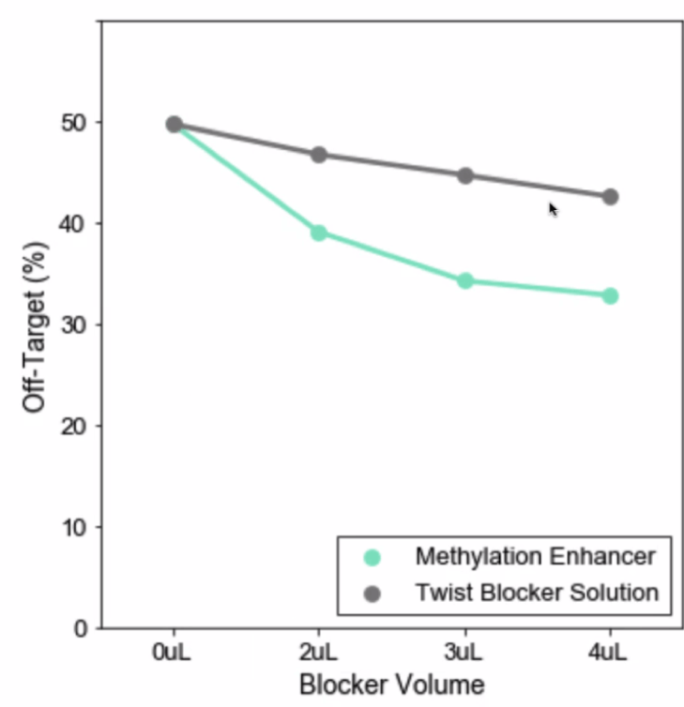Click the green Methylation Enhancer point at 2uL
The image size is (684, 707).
point(318,233)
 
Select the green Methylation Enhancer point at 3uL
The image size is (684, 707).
point(464,280)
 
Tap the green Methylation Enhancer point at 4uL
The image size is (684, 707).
point(610,295)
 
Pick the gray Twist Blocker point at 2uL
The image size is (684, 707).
point(318,155)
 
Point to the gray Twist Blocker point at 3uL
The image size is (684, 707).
point(464,175)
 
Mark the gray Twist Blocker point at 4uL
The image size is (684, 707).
point(610,197)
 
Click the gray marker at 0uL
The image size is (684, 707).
point(174,124)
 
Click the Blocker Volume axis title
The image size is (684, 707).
point(391,684)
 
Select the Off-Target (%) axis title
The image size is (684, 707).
point(35,325)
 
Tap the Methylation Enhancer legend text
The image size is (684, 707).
point(535,557)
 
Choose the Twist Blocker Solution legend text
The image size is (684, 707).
point(537,593)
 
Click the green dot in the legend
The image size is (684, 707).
point(372,558)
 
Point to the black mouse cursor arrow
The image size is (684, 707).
point(553,209)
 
